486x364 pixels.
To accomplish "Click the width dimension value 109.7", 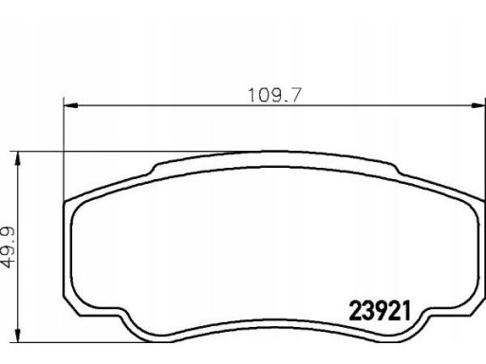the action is [x=274, y=96].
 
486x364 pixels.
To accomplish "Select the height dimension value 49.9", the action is [x=9, y=247].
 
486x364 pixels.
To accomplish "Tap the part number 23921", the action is [x=380, y=310].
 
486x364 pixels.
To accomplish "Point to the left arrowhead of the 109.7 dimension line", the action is [x=71, y=106].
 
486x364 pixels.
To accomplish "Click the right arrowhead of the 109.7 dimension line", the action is [x=477, y=106].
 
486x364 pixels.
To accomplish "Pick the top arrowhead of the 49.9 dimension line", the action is [x=18, y=158].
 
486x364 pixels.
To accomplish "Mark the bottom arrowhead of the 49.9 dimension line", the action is [x=18, y=335].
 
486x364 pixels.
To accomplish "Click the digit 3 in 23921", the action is [x=368, y=310].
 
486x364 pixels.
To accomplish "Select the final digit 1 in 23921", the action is [x=405, y=310].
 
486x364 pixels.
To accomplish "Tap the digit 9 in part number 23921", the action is [x=381, y=310].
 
